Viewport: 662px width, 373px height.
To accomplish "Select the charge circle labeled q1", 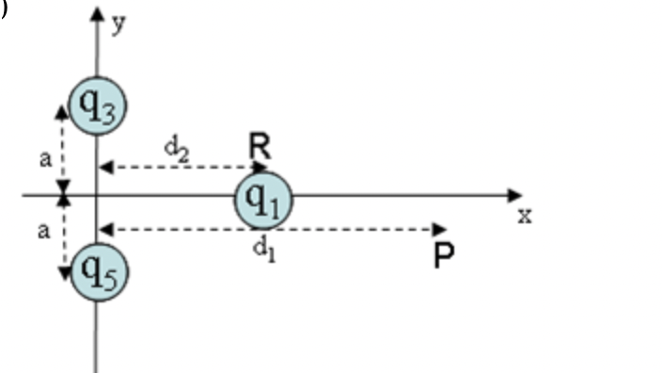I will pyautogui.click(x=263, y=199).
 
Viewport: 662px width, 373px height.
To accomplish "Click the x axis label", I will pyautogui.click(x=525, y=216).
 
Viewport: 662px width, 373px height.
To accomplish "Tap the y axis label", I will pyautogui.click(x=118, y=24).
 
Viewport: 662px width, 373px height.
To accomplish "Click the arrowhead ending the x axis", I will pyautogui.click(x=514, y=196).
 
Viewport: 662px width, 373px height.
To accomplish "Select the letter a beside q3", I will pyautogui.click(x=44, y=158).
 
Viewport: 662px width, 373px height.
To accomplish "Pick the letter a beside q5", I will pyautogui.click(x=44, y=231).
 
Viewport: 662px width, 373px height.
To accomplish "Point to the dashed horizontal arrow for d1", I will pyautogui.click(x=273, y=228).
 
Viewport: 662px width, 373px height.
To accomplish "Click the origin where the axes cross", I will pyautogui.click(x=98, y=196).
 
